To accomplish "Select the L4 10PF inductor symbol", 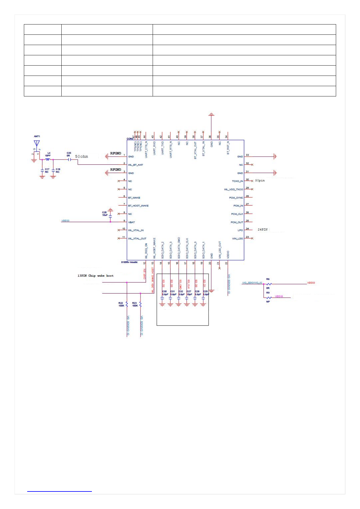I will (47, 159).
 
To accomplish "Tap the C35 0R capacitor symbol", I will (69, 159).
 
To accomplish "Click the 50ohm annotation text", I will (82, 157).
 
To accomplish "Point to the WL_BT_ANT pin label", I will (135, 165).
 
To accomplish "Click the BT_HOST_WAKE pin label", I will (138, 206).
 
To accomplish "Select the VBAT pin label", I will (131, 222).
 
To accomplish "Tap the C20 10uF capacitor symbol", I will (110, 216).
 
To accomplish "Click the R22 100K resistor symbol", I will (127, 304).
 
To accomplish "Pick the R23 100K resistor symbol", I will (141, 304).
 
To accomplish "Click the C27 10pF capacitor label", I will (189, 293).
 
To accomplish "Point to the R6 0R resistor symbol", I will (269, 284).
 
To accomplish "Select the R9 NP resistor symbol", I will (269, 298).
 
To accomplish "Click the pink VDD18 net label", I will (279, 297).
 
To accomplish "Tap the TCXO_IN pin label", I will (237, 181).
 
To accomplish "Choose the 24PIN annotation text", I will (262, 230).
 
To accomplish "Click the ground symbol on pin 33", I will (275, 157).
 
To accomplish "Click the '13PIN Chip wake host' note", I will (96, 276).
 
